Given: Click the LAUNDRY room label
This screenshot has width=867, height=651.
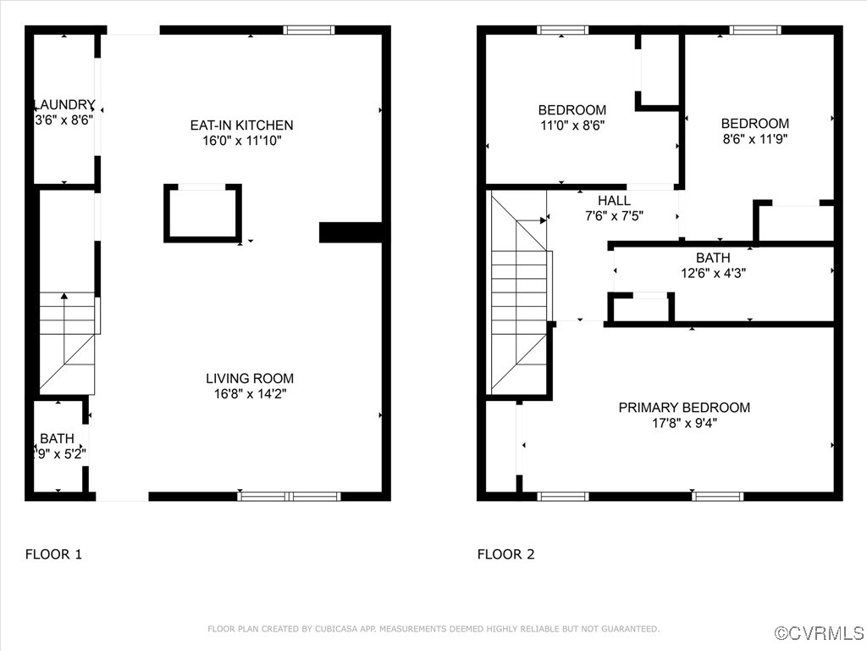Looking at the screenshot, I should pos(63,104).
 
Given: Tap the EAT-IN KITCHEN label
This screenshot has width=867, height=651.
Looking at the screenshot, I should pos(241,125).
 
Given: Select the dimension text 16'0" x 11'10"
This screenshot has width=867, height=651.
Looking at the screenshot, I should pos(241,141).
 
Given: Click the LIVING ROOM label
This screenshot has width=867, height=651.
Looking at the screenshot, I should pos(250,378).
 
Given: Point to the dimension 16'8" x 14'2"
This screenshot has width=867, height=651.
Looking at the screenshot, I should pos(250,393).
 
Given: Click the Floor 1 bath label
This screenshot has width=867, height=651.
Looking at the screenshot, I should pos(57,438).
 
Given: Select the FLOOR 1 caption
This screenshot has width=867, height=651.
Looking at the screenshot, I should pos(53,554).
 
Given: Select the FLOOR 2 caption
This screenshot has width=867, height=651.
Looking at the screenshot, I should pos(505,554).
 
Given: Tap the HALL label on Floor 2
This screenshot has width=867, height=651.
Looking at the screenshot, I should pos(614,200).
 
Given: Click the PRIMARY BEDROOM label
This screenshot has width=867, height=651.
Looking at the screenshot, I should pos(684,408).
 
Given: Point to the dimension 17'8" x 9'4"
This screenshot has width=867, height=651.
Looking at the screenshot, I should pos(684,423).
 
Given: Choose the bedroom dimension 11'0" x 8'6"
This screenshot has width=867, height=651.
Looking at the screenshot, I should pos(572,125).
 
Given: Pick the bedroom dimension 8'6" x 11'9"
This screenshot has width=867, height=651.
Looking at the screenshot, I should pos(755,138).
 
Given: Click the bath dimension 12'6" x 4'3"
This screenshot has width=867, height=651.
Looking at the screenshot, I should pos(713,273).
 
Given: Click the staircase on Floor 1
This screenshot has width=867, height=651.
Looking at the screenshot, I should pos(68,339).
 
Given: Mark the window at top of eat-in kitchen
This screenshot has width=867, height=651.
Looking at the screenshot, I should pos(309,30).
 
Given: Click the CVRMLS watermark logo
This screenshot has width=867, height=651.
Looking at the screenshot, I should pos(820,633).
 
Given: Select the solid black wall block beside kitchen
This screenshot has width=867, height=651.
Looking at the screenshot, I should pos(351,232).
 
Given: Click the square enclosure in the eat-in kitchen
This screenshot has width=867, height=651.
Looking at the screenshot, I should pos(202,213).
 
